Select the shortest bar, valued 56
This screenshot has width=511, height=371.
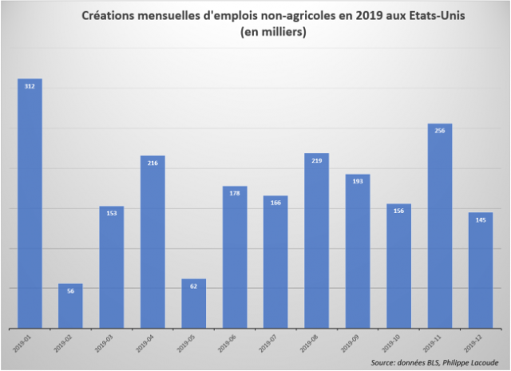click(70, 307)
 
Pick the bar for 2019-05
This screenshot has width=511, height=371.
click(193, 305)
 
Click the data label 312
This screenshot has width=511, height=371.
click(30, 86)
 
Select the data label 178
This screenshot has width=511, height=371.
click(234, 193)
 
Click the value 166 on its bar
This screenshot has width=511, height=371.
click(275, 203)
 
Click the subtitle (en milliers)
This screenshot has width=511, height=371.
click(271, 33)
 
